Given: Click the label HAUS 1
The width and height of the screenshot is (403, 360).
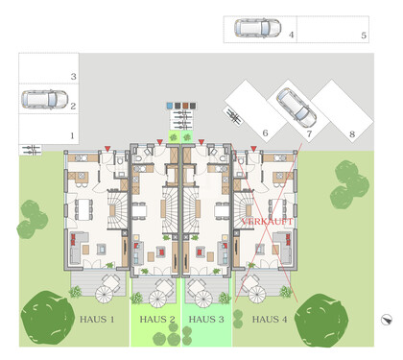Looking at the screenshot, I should [97, 318].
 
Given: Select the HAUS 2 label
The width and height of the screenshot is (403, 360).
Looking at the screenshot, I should [156, 318].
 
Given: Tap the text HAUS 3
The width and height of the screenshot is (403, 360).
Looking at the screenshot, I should [206, 318].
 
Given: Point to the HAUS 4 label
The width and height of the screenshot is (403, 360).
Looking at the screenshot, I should [270, 318].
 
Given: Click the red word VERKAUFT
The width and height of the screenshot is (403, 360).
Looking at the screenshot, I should [267, 221].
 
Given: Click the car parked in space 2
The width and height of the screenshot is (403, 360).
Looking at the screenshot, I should [40, 100].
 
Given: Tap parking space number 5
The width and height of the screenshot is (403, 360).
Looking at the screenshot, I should [364, 36].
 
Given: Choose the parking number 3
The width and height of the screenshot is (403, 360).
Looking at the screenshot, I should [72, 77].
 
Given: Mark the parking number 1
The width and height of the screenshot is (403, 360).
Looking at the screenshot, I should [72, 135].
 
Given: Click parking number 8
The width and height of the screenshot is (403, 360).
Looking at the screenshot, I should [352, 134].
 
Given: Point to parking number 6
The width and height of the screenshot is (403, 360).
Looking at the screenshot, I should [264, 134].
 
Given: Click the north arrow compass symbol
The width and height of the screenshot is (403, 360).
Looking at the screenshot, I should [385, 320].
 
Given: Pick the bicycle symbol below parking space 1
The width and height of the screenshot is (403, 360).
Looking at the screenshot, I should [32, 149].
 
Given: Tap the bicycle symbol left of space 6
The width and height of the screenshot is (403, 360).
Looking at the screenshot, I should [233, 115].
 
